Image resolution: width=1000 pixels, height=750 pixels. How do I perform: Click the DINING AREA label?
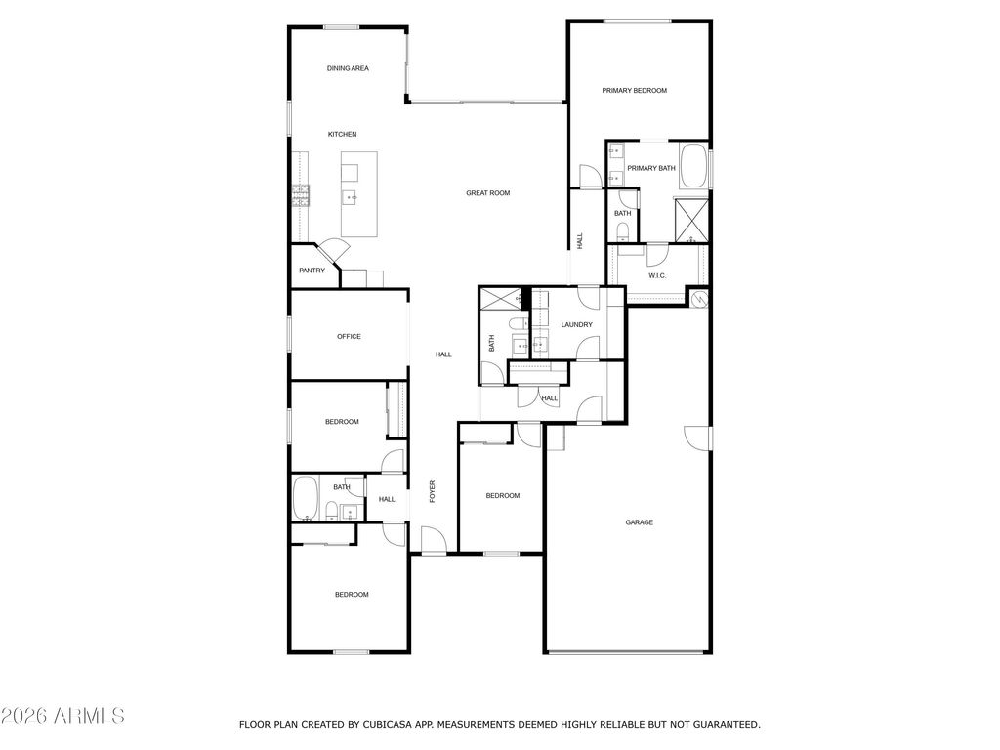[348, 68]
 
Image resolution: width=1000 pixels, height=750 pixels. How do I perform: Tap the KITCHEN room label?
[342, 134]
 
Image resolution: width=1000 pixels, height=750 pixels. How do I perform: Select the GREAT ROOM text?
[487, 193]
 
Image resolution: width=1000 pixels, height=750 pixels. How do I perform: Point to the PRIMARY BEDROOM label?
[634, 91]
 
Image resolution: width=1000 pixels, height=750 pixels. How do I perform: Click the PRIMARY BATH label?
[650, 168]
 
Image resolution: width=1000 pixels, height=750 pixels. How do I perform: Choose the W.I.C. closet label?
[658, 275]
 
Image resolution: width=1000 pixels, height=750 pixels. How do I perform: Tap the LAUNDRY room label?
[576, 324]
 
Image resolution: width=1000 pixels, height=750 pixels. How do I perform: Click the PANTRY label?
[312, 271]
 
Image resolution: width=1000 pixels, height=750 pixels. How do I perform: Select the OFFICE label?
[349, 337]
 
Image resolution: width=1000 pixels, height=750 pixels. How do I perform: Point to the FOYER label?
[433, 492]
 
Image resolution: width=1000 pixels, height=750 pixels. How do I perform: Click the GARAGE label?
[640, 522]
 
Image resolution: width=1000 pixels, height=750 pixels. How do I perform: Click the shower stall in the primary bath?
[691, 220]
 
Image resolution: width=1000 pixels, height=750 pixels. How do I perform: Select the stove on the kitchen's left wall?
[299, 196]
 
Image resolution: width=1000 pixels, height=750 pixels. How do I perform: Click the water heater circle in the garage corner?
[698, 299]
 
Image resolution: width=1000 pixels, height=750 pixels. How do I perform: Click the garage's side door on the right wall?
[697, 437]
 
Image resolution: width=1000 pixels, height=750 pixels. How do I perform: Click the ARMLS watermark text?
[62, 716]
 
